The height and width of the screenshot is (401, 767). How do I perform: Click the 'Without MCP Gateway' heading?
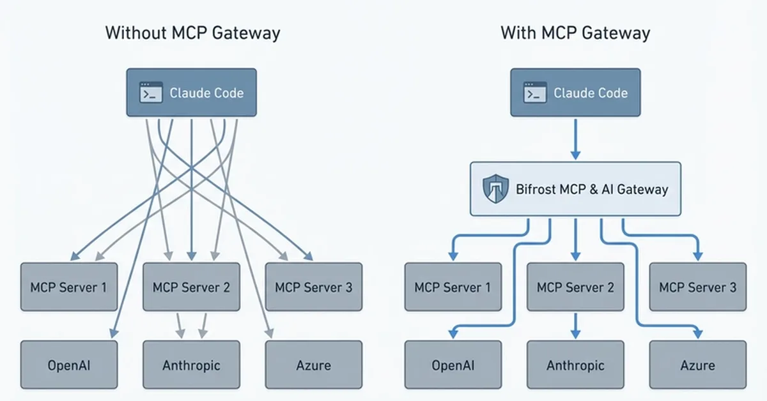(x=192, y=33)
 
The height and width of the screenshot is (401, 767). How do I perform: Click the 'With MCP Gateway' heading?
(x=575, y=33)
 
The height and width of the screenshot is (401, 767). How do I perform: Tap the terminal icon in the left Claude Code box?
(x=151, y=93)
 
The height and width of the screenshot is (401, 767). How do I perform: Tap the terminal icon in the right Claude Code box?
(x=535, y=93)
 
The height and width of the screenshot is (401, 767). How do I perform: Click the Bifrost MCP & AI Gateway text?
(x=591, y=189)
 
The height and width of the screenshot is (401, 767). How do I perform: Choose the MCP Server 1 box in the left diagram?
(x=69, y=287)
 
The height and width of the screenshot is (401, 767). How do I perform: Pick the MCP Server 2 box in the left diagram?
(x=191, y=287)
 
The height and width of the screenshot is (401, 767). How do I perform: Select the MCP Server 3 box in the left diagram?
(x=313, y=287)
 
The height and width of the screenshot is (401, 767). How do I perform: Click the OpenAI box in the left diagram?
(x=69, y=365)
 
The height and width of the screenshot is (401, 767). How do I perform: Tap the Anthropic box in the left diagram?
(x=191, y=365)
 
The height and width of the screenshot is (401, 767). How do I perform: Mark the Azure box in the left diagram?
(x=313, y=365)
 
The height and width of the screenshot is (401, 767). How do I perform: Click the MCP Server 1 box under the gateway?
(x=453, y=287)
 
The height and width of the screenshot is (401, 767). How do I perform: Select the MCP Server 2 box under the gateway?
(x=575, y=287)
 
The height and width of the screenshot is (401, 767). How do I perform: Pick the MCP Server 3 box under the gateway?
(x=697, y=287)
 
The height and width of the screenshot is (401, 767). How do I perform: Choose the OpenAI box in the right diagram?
(x=453, y=365)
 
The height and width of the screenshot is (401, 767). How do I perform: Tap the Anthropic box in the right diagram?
(x=575, y=365)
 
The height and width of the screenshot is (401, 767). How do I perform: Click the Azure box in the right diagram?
(x=697, y=365)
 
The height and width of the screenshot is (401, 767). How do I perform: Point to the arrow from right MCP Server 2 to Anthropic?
(x=575, y=326)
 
